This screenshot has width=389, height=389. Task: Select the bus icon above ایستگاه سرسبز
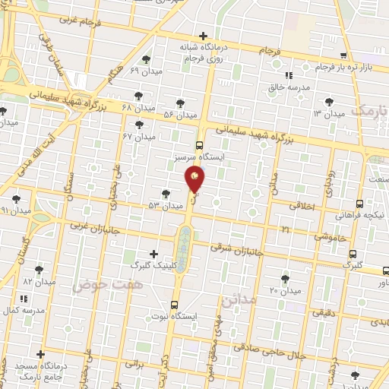(200, 144)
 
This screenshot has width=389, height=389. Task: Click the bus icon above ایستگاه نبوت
(176, 301)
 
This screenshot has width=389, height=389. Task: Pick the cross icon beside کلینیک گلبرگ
(154, 254)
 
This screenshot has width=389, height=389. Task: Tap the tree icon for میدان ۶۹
(146, 58)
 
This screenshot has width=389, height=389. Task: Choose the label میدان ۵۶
(181, 115)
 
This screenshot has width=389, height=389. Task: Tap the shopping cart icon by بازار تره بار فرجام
(343, 55)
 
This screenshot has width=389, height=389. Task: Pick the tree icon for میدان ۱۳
(328, 101)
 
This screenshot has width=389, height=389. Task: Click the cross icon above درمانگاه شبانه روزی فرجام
(204, 35)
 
